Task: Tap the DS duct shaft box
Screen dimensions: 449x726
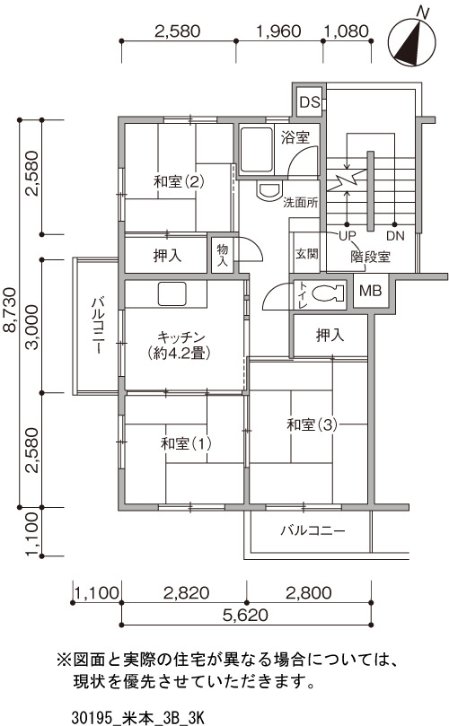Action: (309, 101)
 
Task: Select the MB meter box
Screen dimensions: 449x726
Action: (371, 291)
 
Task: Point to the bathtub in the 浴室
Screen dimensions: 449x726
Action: (256, 150)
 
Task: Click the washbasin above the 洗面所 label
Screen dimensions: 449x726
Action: (269, 190)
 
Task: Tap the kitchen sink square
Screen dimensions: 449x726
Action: (172, 294)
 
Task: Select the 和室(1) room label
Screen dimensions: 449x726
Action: (186, 443)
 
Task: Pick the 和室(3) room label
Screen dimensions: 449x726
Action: (312, 424)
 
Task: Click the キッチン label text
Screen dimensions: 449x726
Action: (180, 337)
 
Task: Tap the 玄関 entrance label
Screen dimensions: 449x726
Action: (307, 254)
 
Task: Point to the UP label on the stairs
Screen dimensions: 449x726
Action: (347, 236)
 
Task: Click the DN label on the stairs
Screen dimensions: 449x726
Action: (395, 236)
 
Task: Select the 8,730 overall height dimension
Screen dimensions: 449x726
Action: (10, 311)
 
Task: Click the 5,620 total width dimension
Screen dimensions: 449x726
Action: (245, 616)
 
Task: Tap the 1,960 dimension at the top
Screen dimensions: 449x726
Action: (278, 31)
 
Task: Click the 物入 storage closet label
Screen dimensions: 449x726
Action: (223, 255)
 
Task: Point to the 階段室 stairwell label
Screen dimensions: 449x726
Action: (371, 257)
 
